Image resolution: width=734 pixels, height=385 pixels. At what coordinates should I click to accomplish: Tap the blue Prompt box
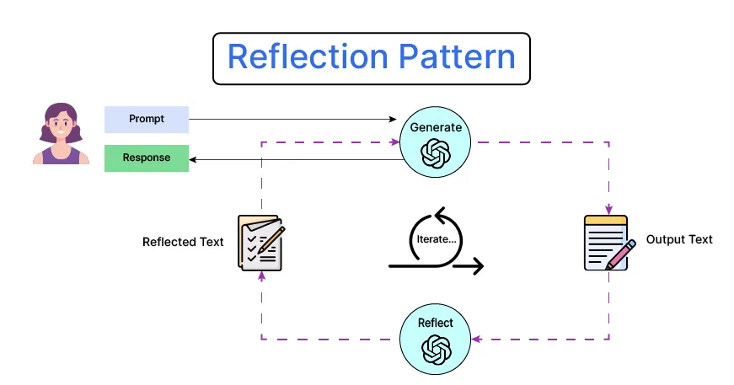[x=147, y=120]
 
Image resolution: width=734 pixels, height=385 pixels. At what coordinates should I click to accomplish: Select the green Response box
[x=147, y=158]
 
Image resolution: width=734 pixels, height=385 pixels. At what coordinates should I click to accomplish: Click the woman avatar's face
[x=60, y=127]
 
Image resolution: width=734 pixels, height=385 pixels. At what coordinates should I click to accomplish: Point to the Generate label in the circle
[x=436, y=127]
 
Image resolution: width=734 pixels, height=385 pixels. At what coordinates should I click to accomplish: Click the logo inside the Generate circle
[x=436, y=152]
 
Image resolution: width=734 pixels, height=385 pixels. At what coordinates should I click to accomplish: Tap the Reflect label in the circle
[x=436, y=323]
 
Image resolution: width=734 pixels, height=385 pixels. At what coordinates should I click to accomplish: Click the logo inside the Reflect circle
[x=436, y=348]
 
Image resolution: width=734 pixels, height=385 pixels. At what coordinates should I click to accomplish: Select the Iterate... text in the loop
[x=437, y=239]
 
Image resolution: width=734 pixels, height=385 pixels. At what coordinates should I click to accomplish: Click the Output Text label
[x=678, y=239]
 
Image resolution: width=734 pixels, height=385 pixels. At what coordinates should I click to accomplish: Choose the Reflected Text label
[x=183, y=242]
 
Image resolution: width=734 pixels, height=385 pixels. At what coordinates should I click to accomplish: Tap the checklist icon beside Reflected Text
[x=260, y=243]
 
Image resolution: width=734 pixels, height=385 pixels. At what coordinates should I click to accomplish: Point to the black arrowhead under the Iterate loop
[x=478, y=267]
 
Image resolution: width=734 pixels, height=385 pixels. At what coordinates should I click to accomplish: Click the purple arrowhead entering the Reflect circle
[x=476, y=340]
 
